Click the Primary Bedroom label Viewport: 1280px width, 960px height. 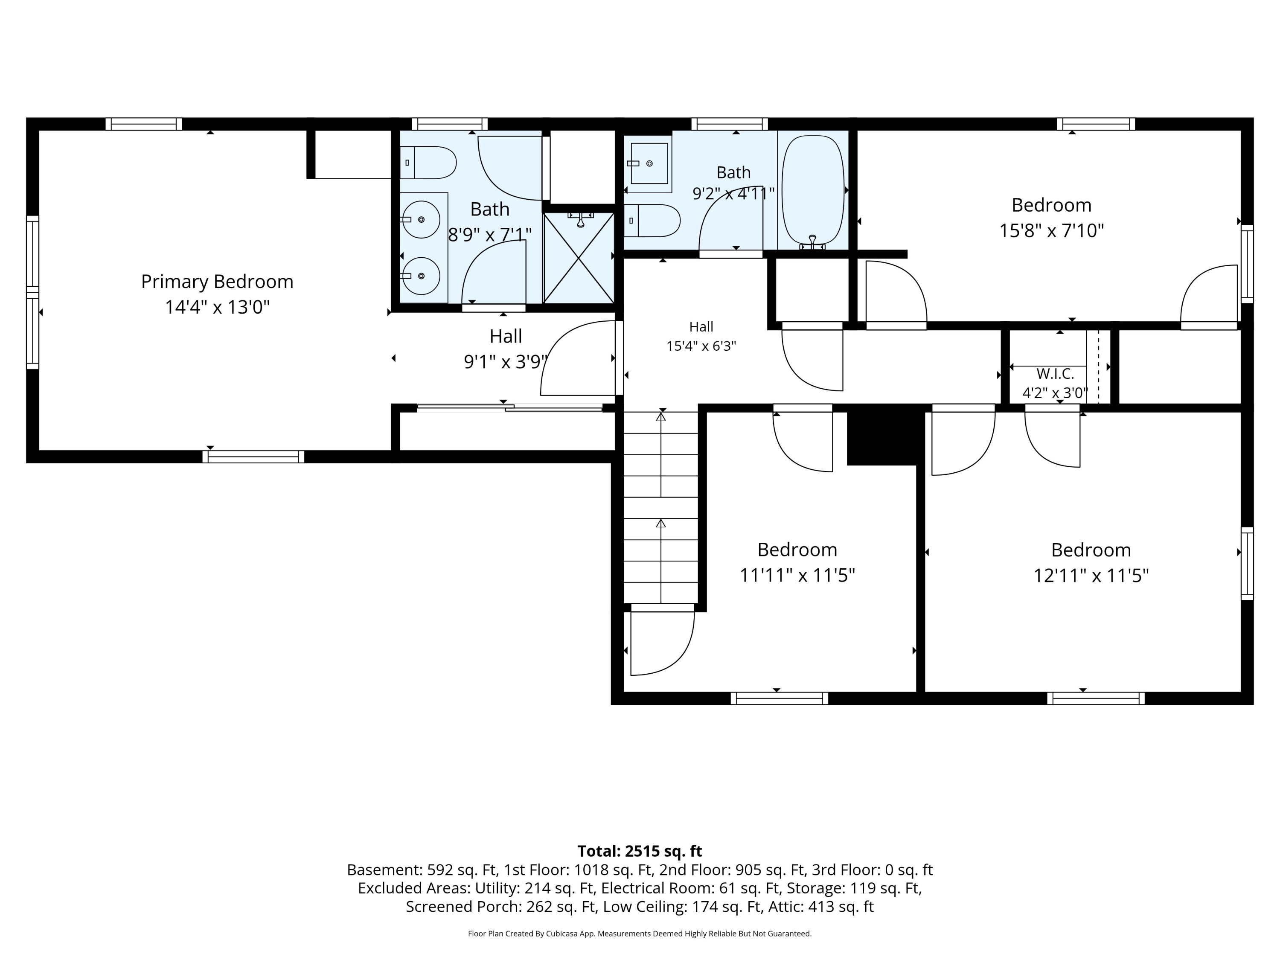tap(217, 282)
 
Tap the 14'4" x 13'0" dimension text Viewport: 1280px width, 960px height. tap(218, 307)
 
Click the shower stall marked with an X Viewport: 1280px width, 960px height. tap(579, 258)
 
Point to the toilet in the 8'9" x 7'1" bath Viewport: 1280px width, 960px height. tap(428, 163)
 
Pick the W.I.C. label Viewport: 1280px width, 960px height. tap(1055, 374)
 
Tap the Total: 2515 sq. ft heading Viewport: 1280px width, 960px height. tap(640, 851)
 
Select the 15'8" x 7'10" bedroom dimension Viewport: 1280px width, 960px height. tap(1051, 231)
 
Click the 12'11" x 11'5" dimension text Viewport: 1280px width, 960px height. tap(1091, 576)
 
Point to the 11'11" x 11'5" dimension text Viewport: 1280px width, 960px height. tap(797, 575)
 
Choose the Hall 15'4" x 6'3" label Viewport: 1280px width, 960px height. tap(701, 336)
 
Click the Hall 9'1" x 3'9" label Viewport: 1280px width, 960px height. tap(506, 349)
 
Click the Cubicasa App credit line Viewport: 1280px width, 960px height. tap(640, 934)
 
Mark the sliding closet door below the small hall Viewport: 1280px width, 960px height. tap(509, 408)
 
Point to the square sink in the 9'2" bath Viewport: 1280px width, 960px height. tap(648, 164)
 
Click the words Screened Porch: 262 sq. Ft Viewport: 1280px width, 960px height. tap(501, 907)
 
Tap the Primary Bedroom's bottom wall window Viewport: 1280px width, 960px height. tap(253, 457)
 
